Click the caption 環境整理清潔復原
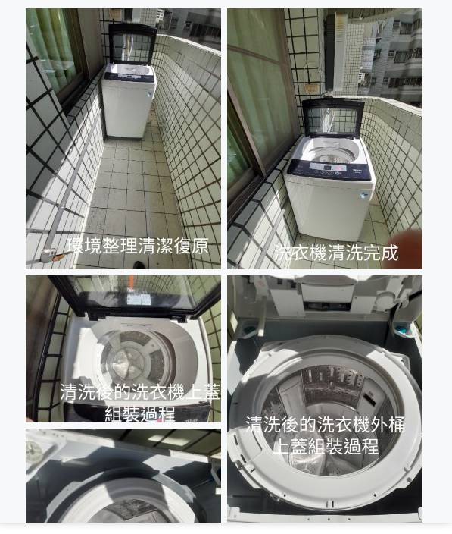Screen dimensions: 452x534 coord(137,246)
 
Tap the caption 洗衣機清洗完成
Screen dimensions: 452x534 coord(336,253)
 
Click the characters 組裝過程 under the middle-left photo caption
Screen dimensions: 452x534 coord(140,413)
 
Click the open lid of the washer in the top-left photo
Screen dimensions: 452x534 coord(132,43)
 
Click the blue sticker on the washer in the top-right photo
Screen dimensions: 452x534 coord(364,196)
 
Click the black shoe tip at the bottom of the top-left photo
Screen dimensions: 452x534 coord(139,265)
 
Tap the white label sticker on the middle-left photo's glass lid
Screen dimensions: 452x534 coord(139,300)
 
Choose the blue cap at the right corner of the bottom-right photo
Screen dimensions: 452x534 coord(404,330)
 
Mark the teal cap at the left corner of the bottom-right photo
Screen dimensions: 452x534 coord(249,330)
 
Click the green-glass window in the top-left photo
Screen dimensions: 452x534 coord(54,48)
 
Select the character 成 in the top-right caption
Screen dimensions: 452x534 coord(389,253)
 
